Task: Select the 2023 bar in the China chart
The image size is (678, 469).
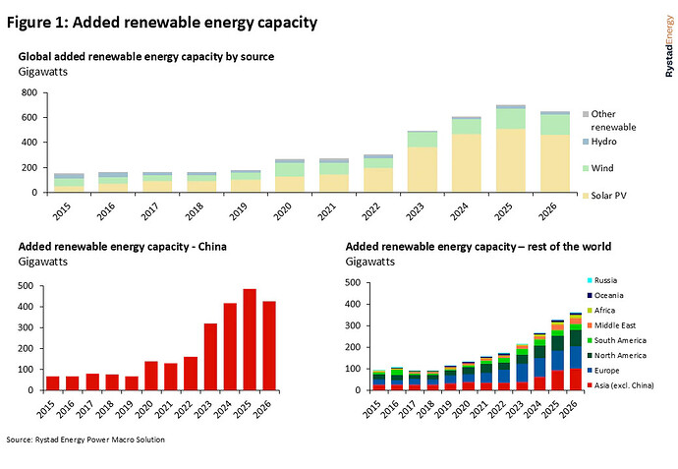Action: [210, 356]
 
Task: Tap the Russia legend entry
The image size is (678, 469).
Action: [608, 279]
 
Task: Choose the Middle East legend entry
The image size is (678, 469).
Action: [615, 324]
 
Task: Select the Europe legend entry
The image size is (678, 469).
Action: [609, 370]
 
